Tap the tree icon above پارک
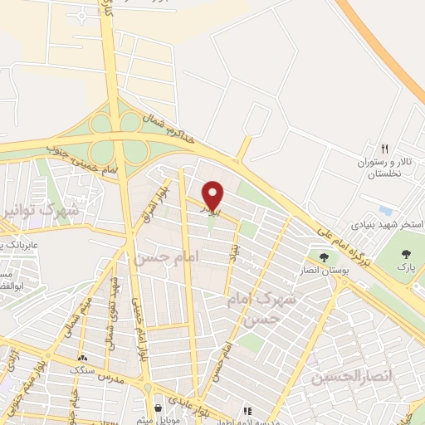pyautogui.click(x=407, y=255)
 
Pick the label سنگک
pyautogui.click(x=87, y=368)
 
